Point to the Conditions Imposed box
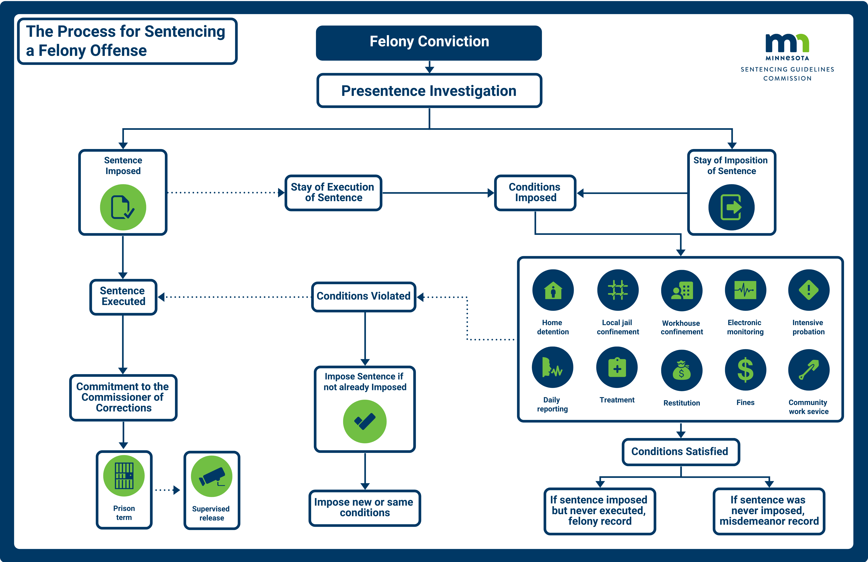(535, 192)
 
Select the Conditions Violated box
(364, 296)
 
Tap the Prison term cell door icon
(124, 476)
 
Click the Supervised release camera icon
(212, 476)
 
